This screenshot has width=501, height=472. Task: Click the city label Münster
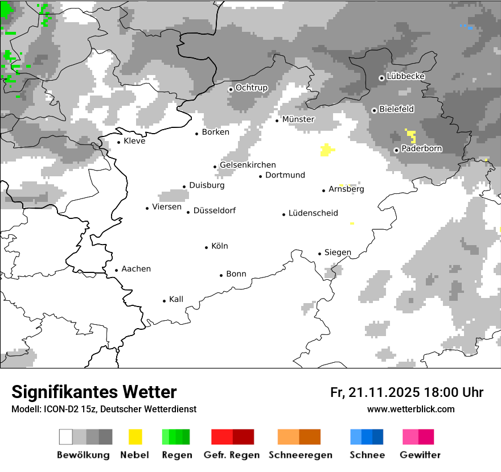298,119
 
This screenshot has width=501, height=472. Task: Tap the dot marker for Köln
207,247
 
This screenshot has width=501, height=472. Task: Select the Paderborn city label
422,149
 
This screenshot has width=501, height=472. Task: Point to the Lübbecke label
405,77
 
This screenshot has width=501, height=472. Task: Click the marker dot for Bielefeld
374,110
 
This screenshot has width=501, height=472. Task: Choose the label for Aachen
136,269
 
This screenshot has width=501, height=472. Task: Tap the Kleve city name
134,141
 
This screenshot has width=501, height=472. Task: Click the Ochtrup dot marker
231,89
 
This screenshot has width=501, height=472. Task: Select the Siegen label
338,252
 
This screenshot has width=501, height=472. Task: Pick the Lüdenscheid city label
313,213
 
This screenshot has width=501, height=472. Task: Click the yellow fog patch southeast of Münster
327,150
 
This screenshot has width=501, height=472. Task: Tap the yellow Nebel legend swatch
135,437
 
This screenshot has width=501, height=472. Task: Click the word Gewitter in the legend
420,455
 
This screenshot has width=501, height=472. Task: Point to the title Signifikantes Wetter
94,392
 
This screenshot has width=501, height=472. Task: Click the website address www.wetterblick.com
411,409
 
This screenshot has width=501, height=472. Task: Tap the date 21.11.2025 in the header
384,392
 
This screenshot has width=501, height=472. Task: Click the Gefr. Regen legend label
232,455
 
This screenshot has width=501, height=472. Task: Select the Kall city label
176,299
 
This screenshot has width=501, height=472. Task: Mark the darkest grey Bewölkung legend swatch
106,437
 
